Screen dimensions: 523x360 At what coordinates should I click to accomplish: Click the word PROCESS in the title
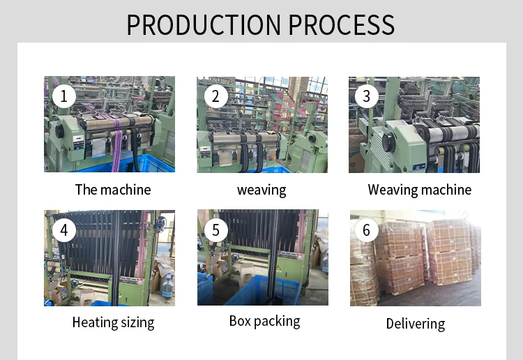pos(342,24)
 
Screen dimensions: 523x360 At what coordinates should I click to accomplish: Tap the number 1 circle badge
pos(63,96)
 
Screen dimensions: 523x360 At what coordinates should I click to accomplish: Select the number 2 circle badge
pos(215,96)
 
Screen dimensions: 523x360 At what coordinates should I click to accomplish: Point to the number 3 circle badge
pos(367,96)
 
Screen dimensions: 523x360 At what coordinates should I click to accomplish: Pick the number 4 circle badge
pos(63,230)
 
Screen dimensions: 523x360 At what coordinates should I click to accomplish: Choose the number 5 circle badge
pos(215,230)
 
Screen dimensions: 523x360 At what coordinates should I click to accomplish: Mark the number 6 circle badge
pos(367,230)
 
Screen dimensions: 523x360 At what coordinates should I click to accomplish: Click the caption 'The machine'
pos(113,190)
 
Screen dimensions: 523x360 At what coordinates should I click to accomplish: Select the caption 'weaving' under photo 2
pos(261,190)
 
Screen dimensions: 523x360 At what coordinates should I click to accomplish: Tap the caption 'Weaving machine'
pos(419,190)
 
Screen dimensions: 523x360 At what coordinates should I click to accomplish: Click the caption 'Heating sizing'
pos(113,322)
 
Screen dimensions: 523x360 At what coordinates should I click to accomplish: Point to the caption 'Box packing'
pos(264,322)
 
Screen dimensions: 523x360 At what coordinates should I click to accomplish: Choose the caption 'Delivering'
pos(416,324)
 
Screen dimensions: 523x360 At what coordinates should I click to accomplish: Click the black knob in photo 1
pos(61,130)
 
